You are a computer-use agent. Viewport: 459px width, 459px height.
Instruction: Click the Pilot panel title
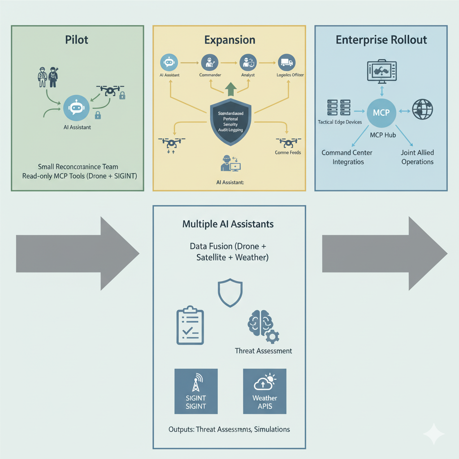(x=77, y=39)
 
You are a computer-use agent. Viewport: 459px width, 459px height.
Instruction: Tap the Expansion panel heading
(x=229, y=39)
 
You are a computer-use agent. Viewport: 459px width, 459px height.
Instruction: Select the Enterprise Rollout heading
(x=381, y=39)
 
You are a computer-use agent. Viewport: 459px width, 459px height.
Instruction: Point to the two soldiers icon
(x=48, y=77)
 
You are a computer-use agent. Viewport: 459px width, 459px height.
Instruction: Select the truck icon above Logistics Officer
(x=286, y=61)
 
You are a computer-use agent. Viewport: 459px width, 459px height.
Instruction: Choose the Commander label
(x=210, y=75)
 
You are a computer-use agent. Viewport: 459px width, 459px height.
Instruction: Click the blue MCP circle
(x=381, y=112)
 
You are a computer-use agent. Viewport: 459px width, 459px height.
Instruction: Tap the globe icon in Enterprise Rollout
(x=422, y=109)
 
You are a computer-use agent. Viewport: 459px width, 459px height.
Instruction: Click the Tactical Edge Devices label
(x=339, y=122)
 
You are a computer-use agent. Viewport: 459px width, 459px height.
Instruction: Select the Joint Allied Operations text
(x=417, y=157)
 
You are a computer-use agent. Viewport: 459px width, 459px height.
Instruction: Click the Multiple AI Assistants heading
(x=228, y=224)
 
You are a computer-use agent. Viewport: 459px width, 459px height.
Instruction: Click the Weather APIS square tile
(x=264, y=391)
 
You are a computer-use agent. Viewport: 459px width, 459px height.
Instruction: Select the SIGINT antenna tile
(x=196, y=391)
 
